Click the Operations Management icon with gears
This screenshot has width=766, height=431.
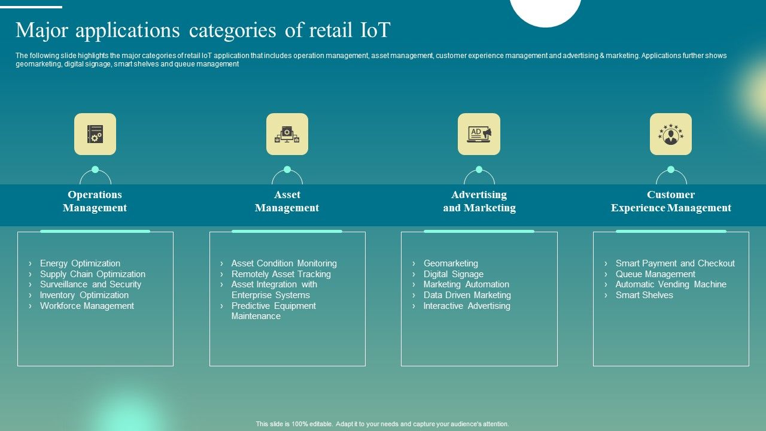(x=95, y=134)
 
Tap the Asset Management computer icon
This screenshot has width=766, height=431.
(x=287, y=134)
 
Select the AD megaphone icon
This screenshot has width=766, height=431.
(x=479, y=134)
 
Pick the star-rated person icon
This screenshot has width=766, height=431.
(x=671, y=134)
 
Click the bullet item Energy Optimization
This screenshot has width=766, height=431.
(x=80, y=263)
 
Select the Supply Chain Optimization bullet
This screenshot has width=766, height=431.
(x=92, y=274)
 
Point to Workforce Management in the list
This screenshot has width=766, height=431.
(x=87, y=306)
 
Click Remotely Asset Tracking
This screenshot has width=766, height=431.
(x=281, y=274)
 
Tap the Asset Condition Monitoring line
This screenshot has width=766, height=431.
(x=284, y=263)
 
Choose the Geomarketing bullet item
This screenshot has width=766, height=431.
(x=450, y=263)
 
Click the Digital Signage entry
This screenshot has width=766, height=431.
(x=453, y=274)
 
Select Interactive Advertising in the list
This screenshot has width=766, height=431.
(x=467, y=306)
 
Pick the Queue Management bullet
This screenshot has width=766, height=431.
(x=655, y=274)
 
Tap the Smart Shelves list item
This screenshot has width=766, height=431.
(x=644, y=295)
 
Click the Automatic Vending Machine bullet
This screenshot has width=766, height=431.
(x=671, y=284)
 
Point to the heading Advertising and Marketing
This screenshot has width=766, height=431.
(x=479, y=201)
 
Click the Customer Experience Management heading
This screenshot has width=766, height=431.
(x=671, y=201)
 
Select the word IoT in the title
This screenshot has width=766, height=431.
(x=375, y=30)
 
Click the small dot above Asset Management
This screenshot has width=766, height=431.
(x=287, y=169)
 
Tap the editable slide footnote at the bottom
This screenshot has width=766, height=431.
(x=382, y=424)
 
